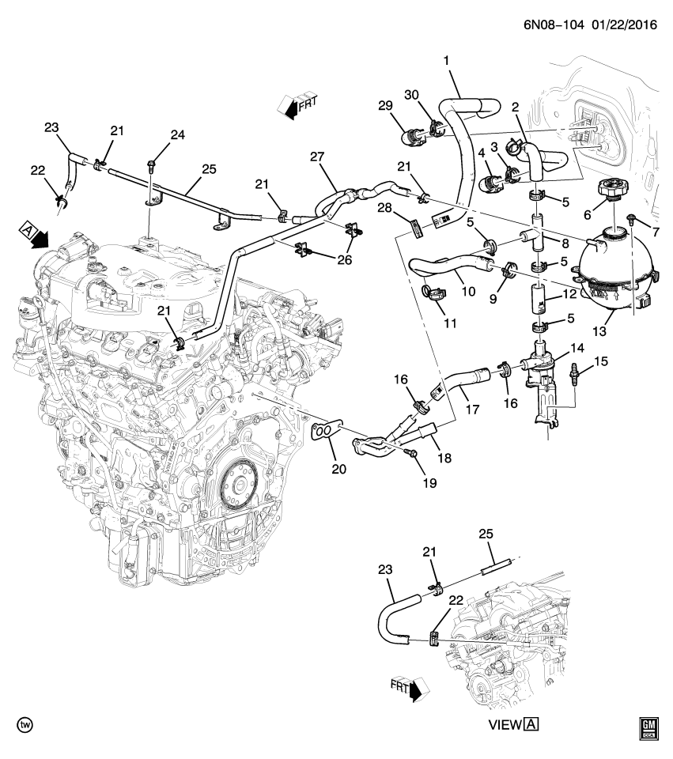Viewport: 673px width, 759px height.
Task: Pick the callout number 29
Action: (x=385, y=107)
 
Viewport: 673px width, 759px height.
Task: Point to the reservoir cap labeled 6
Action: (x=613, y=190)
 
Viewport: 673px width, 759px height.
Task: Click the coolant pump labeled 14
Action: (x=546, y=372)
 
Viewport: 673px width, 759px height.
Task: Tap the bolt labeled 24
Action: (x=151, y=165)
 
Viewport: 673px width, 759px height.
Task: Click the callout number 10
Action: (x=467, y=291)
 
